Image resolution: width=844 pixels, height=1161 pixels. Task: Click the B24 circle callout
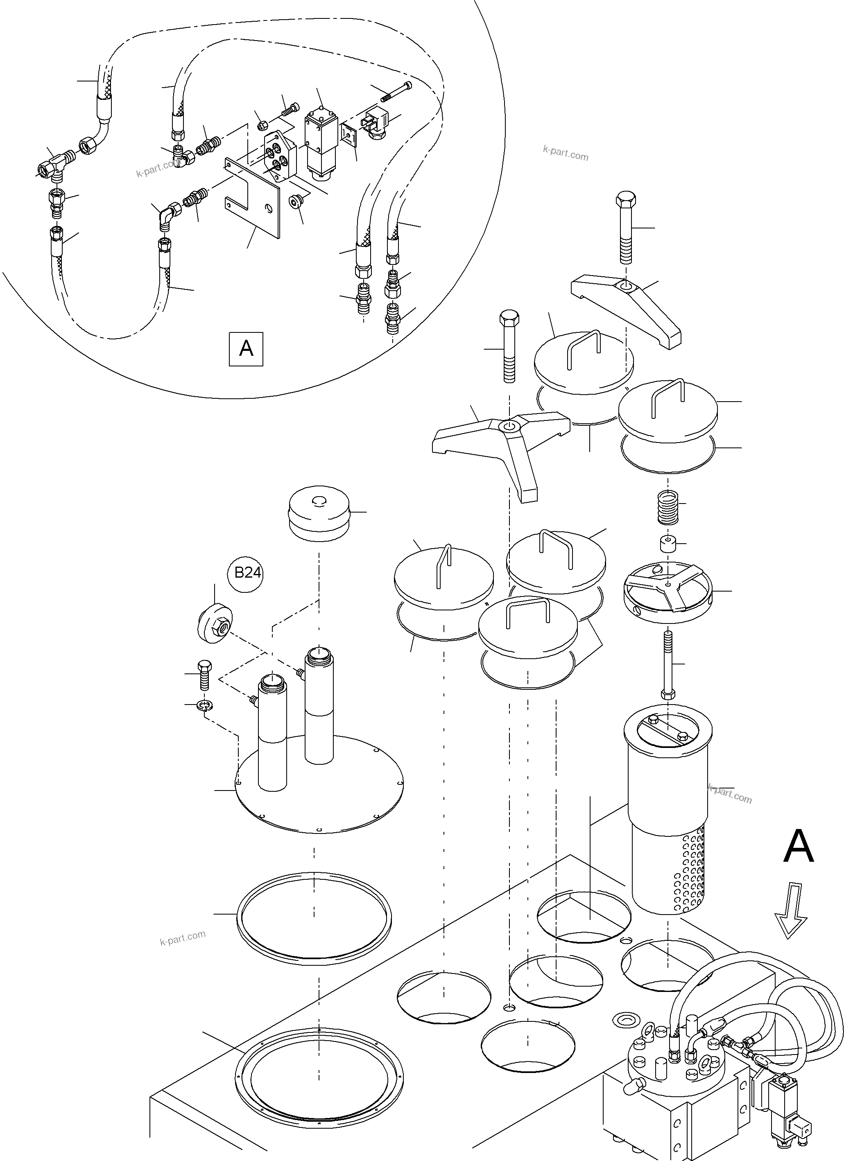coord(247,573)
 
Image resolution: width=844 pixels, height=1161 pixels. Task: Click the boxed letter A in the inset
coord(246,349)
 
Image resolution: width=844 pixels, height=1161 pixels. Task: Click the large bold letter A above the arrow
coord(798,847)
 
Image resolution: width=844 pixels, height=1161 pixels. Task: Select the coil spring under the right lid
coord(668,507)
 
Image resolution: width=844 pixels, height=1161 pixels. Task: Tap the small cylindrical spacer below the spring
coord(668,544)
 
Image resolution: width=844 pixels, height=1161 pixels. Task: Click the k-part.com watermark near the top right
coord(566,153)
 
